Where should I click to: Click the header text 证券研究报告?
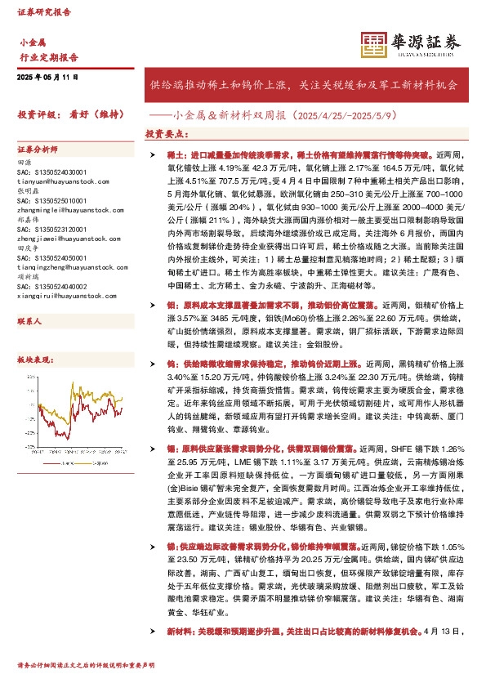(44, 12)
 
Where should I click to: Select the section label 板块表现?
(33, 360)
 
